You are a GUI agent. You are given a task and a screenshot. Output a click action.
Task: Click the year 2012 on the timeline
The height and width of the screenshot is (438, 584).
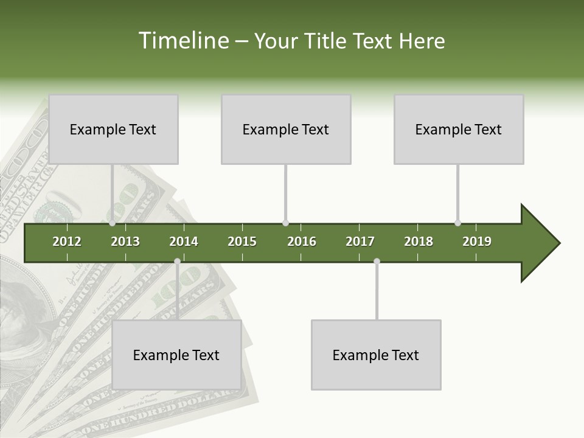coord(67,242)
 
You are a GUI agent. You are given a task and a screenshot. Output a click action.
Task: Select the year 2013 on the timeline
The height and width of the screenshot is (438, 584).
coord(125,242)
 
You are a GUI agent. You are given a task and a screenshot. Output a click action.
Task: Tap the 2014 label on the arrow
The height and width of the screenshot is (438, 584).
coord(184,242)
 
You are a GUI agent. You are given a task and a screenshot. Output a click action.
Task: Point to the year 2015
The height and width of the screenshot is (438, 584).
coord(242,242)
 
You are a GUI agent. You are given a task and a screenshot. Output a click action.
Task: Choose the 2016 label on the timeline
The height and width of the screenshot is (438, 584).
coord(302,242)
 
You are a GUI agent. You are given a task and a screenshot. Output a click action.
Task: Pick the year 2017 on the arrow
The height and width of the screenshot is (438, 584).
coord(360,242)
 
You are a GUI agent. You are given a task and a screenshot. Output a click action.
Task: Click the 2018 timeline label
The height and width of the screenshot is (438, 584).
coord(419,242)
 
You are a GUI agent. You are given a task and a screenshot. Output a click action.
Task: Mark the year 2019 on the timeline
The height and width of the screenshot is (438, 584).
coord(477,242)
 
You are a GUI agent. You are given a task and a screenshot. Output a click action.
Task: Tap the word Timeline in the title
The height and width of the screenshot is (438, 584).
coord(184,41)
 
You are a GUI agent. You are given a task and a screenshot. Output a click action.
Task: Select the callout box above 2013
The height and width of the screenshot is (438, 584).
coord(113,129)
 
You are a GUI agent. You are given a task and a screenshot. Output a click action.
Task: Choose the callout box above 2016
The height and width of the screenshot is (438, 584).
coord(286,129)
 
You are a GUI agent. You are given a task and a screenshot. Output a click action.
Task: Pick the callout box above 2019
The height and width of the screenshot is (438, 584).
coord(459,129)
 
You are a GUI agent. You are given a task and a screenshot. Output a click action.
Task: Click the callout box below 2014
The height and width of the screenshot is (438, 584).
coord(176,355)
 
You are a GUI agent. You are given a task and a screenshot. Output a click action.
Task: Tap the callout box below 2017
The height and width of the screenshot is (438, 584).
coord(376,355)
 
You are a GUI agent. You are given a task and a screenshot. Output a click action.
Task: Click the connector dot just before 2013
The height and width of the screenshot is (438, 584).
coord(113,223)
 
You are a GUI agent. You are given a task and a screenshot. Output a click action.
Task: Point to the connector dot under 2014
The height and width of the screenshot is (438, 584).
coord(177,261)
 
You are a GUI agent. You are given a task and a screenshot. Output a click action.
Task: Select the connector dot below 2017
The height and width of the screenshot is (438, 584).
coord(377,261)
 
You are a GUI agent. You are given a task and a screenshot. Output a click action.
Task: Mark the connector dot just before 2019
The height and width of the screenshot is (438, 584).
coord(457,223)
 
